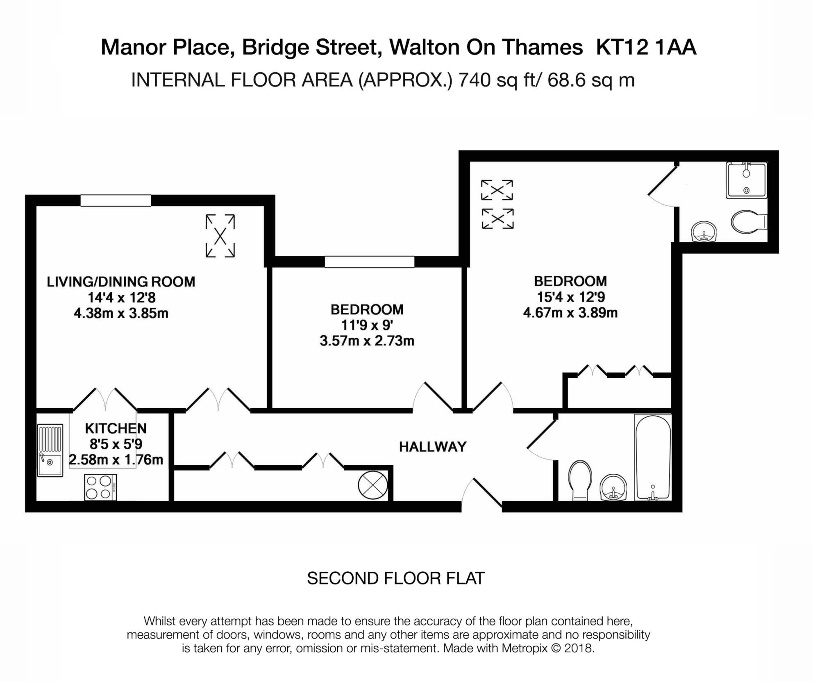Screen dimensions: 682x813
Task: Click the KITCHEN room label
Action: pos(116,429)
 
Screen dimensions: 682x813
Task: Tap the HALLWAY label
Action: pos(433,447)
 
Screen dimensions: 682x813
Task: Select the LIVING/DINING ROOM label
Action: pos(121,282)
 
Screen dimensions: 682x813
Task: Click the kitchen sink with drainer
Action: pos(50,450)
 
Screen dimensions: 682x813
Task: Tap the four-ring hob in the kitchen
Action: pos(100,487)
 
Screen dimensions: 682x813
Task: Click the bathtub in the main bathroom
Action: pos(653,457)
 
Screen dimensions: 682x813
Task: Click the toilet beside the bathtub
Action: pos(579,480)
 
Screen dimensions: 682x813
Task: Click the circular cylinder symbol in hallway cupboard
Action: pos(372,485)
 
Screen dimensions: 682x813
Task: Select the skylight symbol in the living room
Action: pos(220,236)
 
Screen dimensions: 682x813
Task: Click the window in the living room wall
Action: pos(116,200)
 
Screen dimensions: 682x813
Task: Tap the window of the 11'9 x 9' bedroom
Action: pos(370,262)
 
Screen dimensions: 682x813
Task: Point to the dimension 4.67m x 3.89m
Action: pos(570,313)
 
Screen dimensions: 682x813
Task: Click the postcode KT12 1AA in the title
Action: pos(646,47)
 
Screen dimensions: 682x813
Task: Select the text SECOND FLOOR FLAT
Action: pos(395,578)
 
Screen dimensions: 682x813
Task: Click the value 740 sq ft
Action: pos(496,80)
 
